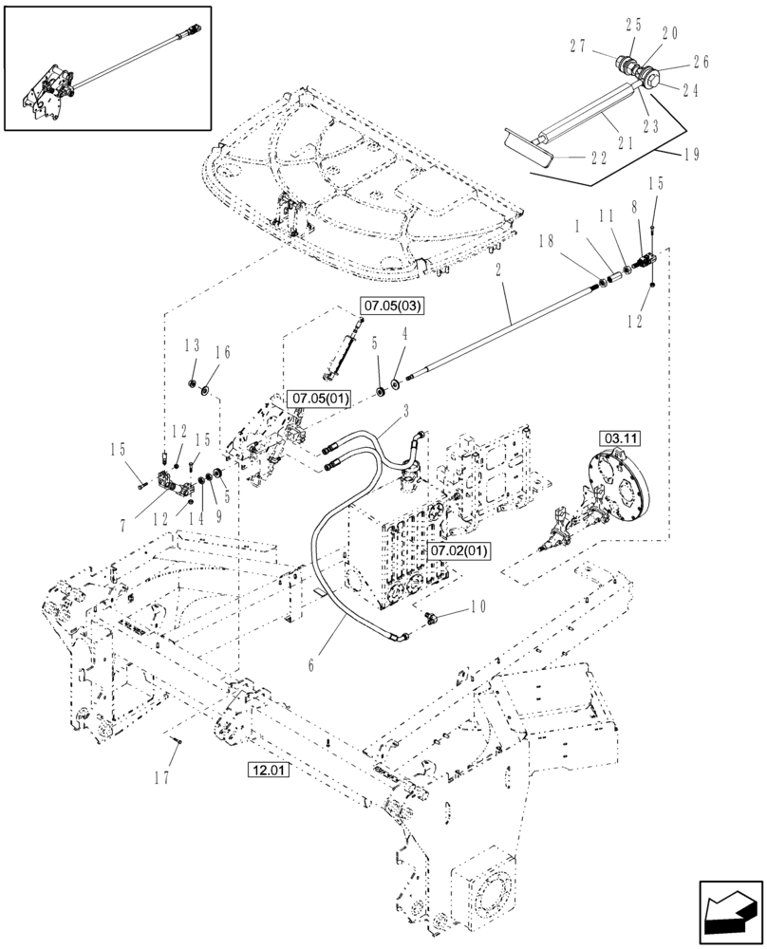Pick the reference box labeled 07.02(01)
tap(458, 550)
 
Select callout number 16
tap(223, 352)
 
